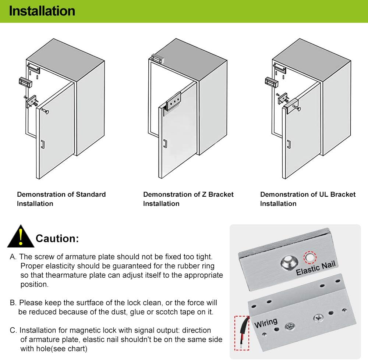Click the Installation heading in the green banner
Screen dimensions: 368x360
pos(42,11)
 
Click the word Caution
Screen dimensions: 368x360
pos(57,239)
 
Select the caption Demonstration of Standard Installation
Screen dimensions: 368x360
pos(61,199)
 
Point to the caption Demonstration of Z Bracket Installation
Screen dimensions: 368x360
pos(188,199)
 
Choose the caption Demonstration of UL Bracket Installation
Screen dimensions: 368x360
pos(308,199)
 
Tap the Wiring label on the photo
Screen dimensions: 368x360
pos(266,323)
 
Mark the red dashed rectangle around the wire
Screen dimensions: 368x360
pos(242,332)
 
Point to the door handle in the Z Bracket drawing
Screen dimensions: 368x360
pos(165,143)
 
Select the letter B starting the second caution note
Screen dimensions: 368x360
pos(13,303)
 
